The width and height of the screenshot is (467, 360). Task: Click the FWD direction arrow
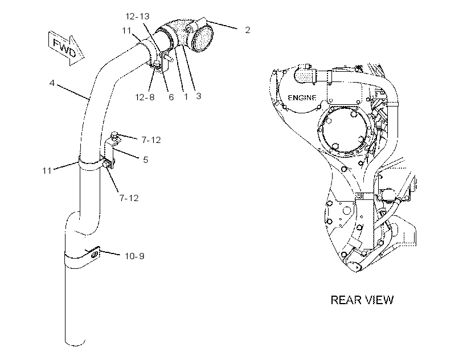pyautogui.click(x=66, y=48)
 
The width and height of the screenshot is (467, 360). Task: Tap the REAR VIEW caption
pyautogui.click(x=362, y=300)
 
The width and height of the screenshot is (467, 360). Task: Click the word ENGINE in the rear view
pyautogui.click(x=302, y=97)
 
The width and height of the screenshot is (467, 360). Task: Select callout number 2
pyautogui.click(x=247, y=30)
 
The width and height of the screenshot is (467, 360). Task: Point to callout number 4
pyautogui.click(x=52, y=83)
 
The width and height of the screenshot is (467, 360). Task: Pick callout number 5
pyautogui.click(x=145, y=160)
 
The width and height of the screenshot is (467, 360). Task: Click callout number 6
pyautogui.click(x=171, y=97)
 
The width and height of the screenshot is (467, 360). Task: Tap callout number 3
pyautogui.click(x=198, y=96)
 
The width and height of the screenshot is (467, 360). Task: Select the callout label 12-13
pyautogui.click(x=137, y=17)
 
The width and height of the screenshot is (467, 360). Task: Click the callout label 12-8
pyautogui.click(x=145, y=97)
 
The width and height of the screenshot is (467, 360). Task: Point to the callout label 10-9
pyautogui.click(x=134, y=256)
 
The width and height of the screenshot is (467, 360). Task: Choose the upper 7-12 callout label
pyautogui.click(x=151, y=140)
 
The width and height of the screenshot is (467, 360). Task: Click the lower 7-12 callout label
pyautogui.click(x=129, y=198)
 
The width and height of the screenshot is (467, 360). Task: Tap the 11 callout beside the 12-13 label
pyautogui.click(x=126, y=31)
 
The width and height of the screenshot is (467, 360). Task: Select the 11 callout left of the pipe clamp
pyautogui.click(x=47, y=171)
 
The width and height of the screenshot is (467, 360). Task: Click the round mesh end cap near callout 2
pyautogui.click(x=203, y=39)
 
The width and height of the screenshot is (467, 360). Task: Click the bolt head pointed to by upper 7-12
pyautogui.click(x=114, y=135)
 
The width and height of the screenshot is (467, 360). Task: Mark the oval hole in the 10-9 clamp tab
pyautogui.click(x=95, y=254)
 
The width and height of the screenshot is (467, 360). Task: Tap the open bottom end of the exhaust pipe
pyautogui.click(x=75, y=342)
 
